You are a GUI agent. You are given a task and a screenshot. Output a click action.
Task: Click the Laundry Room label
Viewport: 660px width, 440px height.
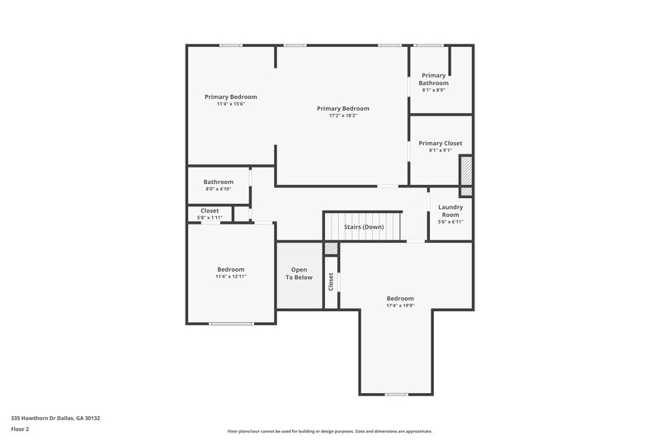(450, 211)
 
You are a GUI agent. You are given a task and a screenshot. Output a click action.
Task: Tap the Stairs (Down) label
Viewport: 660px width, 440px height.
(363, 227)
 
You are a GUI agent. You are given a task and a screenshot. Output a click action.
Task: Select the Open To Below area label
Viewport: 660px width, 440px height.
(299, 273)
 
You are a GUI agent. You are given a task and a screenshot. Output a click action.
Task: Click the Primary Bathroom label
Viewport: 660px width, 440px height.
(434, 79)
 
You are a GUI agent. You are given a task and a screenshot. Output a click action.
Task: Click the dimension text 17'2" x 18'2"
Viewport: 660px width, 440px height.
(342, 116)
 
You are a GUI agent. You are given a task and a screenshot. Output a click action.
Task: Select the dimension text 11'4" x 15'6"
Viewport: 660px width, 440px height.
(231, 104)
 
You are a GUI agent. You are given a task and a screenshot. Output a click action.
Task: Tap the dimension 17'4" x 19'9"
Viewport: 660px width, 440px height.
(400, 305)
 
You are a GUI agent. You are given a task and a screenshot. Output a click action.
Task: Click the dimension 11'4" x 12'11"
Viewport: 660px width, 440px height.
(231, 277)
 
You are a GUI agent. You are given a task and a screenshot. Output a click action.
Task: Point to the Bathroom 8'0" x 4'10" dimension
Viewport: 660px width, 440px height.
(219, 189)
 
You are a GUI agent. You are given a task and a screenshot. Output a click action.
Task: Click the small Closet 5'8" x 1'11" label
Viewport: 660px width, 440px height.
(210, 211)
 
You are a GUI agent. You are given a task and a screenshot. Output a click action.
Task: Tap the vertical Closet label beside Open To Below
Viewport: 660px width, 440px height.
(331, 282)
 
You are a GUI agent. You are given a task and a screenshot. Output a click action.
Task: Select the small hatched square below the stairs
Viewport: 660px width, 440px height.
(331, 248)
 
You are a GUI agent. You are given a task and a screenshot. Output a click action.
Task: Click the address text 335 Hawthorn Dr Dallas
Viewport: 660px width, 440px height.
(55, 418)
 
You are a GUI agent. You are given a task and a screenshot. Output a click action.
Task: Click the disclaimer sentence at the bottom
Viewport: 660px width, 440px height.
(330, 431)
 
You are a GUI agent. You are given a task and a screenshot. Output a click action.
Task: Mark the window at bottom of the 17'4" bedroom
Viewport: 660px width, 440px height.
(397, 394)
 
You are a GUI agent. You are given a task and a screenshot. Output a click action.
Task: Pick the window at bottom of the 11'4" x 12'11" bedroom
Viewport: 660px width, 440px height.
(231, 324)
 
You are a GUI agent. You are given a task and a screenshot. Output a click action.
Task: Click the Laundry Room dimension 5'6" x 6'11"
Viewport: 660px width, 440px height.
(450, 221)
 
